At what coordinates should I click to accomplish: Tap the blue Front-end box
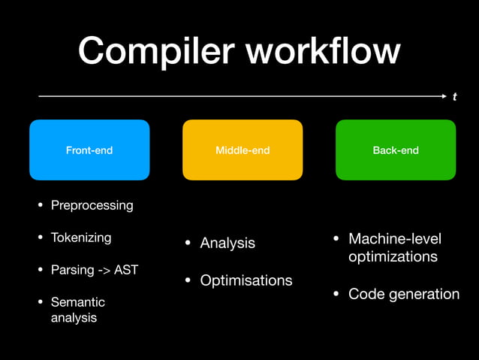pyautogui.click(x=89, y=150)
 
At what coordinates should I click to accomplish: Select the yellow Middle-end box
pyautogui.click(x=243, y=150)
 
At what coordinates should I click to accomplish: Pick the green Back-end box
pyautogui.click(x=396, y=150)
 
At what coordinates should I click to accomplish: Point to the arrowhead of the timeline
pyautogui.click(x=442, y=96)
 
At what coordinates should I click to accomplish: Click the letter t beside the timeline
pyautogui.click(x=454, y=97)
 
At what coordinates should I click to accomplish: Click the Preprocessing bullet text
pyautogui.click(x=92, y=205)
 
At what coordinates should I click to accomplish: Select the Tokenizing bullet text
pyautogui.click(x=81, y=237)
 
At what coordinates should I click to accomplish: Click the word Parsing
pyautogui.click(x=71, y=270)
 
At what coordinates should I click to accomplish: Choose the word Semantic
pyautogui.click(x=78, y=302)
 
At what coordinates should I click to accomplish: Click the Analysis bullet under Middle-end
pyautogui.click(x=227, y=244)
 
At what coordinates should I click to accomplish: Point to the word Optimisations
pyautogui.click(x=246, y=280)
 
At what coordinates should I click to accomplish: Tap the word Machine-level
pyautogui.click(x=395, y=239)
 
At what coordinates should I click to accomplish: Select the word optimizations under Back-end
pyautogui.click(x=393, y=257)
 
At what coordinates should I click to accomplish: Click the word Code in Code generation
pyautogui.click(x=364, y=294)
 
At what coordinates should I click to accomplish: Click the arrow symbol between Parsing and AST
pyautogui.click(x=104, y=270)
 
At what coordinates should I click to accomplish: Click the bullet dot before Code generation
pyautogui.click(x=337, y=294)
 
